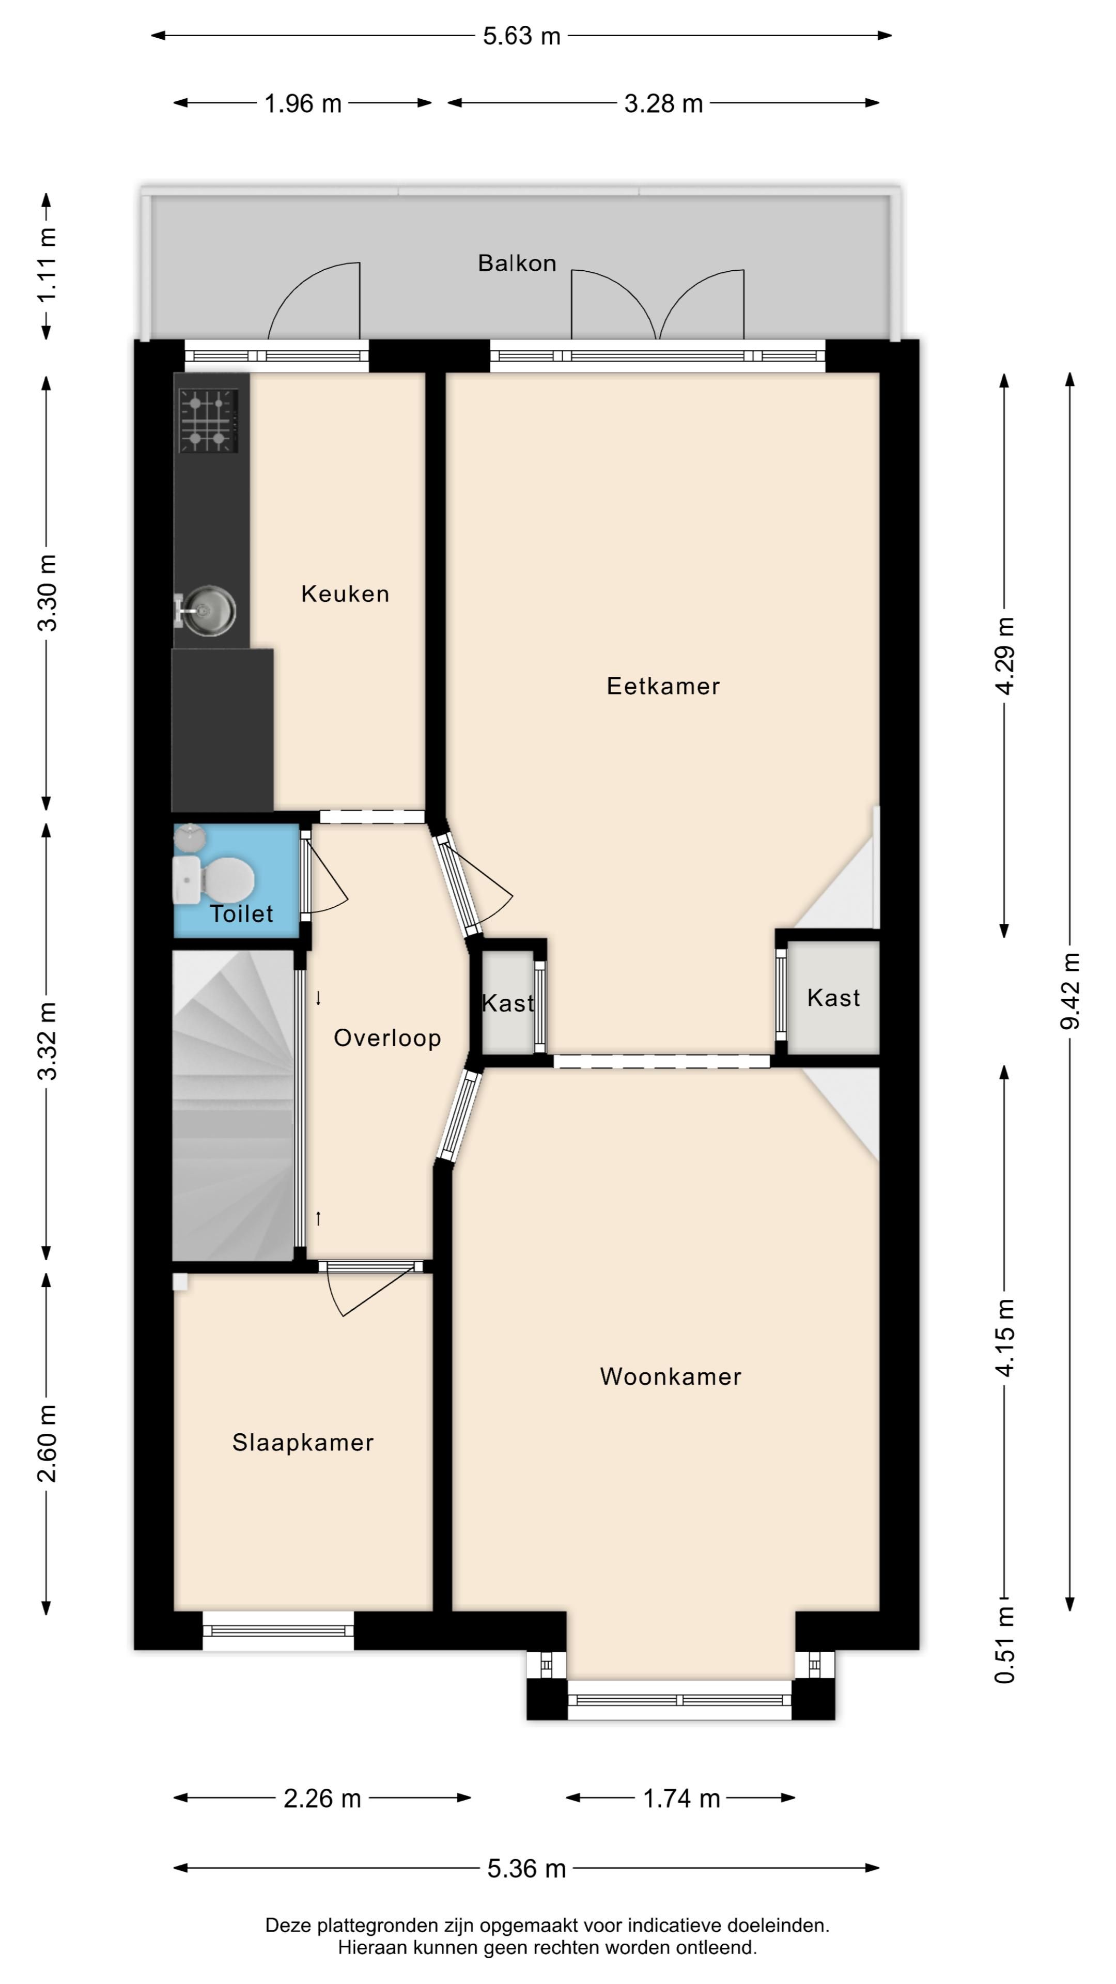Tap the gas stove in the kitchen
click(208, 421)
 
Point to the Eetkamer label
click(662, 686)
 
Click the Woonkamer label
click(670, 1376)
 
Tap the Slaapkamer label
click(303, 1443)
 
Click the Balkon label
click(517, 263)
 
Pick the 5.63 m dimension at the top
click(521, 36)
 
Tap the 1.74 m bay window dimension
click(681, 1799)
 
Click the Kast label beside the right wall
click(833, 998)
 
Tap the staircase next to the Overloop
click(231, 1105)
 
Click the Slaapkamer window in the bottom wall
click(278, 1631)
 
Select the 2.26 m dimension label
click(322, 1799)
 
